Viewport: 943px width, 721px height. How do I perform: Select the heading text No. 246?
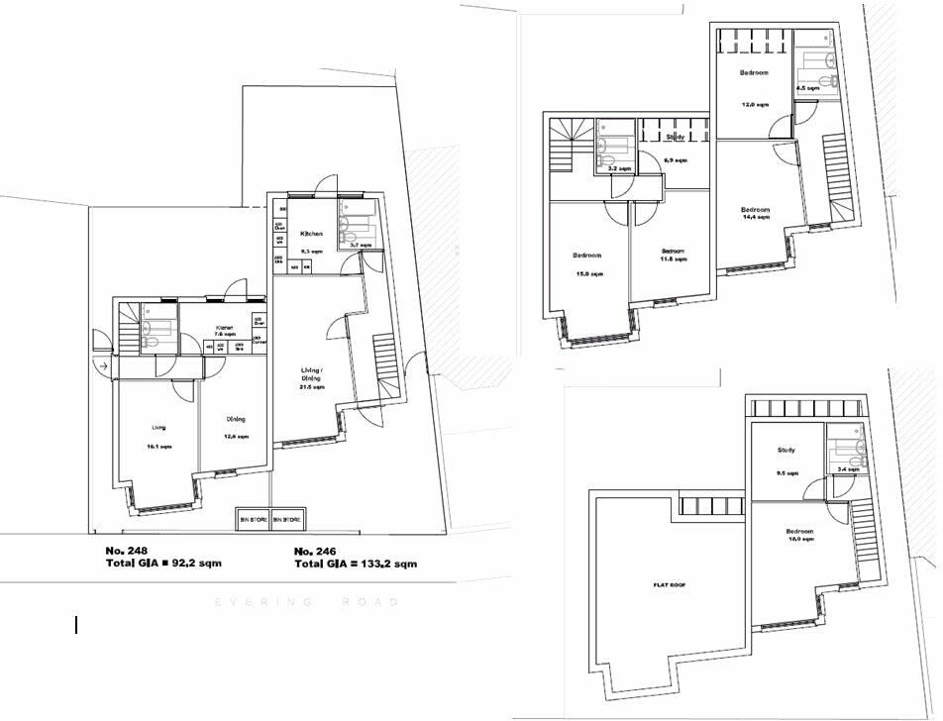tap(316, 550)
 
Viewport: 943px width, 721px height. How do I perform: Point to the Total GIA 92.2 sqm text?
tap(163, 564)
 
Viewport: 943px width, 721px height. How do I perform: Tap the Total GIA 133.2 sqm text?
tap(356, 564)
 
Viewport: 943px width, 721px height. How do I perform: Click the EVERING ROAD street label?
tap(307, 602)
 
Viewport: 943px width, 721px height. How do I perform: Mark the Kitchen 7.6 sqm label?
tap(227, 331)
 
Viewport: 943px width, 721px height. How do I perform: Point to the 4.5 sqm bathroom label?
tap(808, 88)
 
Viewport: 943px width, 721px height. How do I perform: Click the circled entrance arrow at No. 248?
tap(103, 367)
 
